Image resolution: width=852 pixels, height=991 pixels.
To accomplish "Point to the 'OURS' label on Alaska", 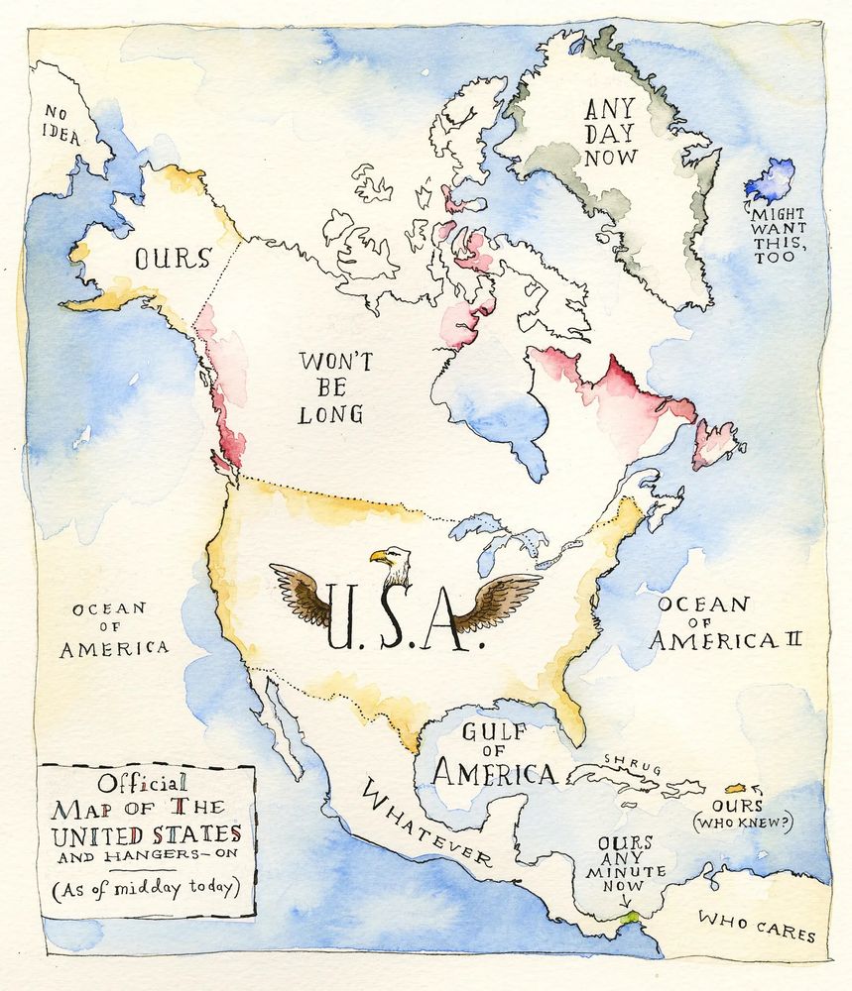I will pos(173,260).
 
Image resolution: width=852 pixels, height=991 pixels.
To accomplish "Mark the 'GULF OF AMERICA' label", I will pos(493,755).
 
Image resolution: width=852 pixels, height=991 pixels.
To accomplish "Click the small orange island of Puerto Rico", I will pos(736,789).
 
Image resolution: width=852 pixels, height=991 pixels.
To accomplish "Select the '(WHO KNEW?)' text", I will pos(744,822).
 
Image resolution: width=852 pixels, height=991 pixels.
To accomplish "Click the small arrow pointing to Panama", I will pos(625,900).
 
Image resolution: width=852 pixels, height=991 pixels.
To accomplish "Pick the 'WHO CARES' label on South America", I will pos(756,927).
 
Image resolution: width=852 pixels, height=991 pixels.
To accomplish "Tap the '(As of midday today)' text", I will pos(147,886).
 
